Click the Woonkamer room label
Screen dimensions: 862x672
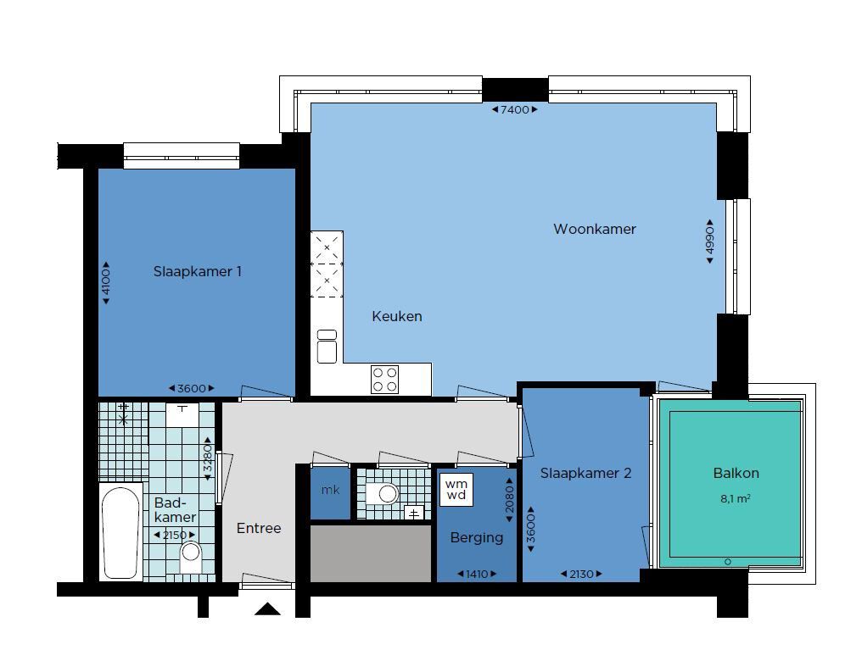pos(594,229)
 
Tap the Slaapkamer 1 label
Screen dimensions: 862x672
pos(198,271)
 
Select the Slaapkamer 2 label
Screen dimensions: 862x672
pos(585,473)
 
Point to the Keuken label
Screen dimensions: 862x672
pos(397,316)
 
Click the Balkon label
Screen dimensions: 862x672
pos(736,473)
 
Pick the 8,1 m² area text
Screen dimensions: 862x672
pos(736,499)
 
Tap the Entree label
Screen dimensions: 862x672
pos(259,528)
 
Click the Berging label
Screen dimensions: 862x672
pos(477,537)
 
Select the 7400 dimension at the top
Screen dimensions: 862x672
pos(514,109)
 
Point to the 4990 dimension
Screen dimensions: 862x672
pos(710,242)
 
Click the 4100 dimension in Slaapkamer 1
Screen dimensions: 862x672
pos(106,283)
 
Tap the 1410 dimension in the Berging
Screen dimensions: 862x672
pos(477,575)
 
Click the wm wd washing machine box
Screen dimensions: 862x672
pos(456,490)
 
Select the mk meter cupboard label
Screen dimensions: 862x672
pos(330,491)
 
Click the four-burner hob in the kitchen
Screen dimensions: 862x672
pos(385,380)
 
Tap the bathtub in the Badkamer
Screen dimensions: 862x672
pos(121,532)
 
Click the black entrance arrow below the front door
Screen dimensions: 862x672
pos(268,608)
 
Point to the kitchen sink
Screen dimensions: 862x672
pos(327,347)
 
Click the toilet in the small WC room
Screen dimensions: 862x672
pos(383,493)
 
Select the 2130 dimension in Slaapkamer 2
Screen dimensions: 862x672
pos(581,575)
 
